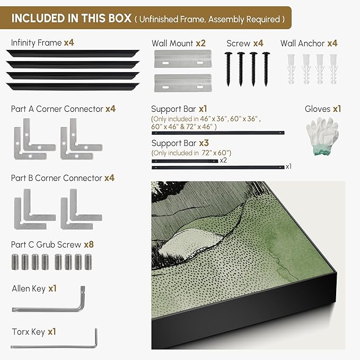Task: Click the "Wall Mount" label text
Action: (172, 43)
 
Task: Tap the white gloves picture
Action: (322, 136)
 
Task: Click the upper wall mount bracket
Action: (183, 59)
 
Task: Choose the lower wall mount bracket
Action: (183, 83)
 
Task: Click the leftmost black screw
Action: (228, 69)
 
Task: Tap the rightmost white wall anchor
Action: (333, 69)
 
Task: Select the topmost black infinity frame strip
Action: (73, 53)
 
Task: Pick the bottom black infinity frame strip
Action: (73, 86)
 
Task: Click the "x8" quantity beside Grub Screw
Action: (89, 244)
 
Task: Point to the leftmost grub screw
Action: (15, 262)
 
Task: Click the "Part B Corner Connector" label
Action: (57, 178)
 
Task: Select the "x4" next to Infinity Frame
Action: (69, 42)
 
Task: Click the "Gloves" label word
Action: (318, 109)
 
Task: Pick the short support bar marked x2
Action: (185, 161)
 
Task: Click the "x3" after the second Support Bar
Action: (204, 143)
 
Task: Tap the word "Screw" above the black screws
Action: (238, 43)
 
